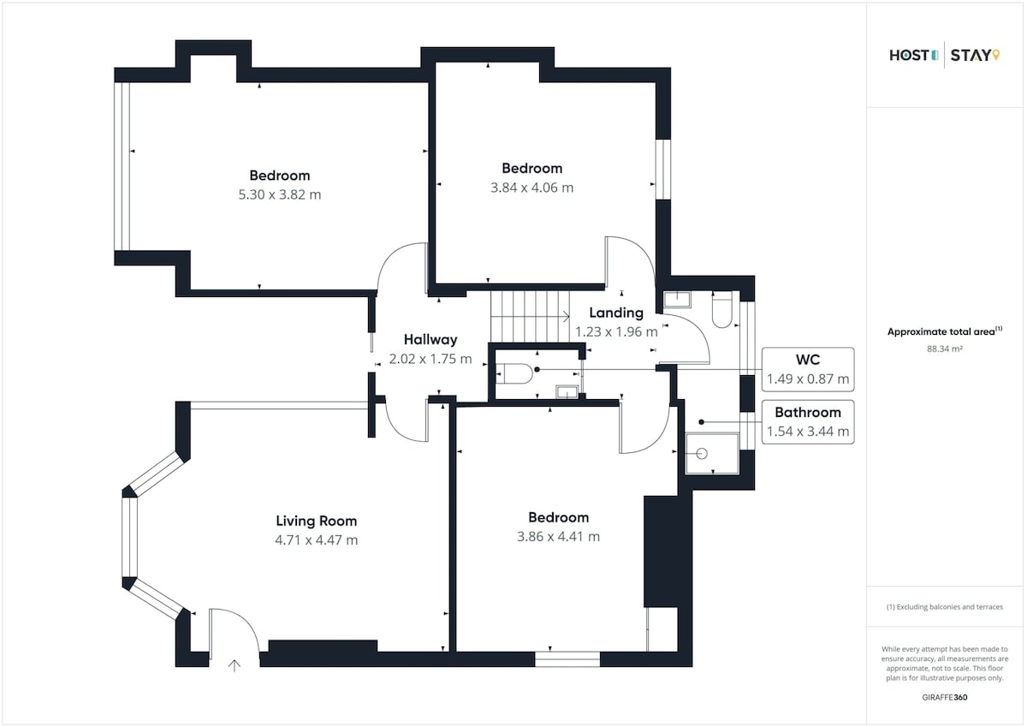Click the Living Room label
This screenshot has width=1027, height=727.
point(317,521)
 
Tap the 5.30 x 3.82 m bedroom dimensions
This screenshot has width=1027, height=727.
point(280,194)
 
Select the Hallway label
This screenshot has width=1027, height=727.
point(430,339)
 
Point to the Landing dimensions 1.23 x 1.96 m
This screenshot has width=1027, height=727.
point(616,331)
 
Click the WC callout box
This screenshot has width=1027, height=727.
point(808,369)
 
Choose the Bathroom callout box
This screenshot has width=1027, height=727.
point(808,422)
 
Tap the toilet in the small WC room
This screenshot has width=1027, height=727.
point(514,373)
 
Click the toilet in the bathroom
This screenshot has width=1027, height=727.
point(722,310)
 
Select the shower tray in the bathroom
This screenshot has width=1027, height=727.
point(712,453)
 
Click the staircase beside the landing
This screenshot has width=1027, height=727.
point(530,316)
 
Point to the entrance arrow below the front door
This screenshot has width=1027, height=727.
point(234,666)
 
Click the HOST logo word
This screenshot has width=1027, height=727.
point(909,56)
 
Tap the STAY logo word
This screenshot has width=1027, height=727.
point(971,56)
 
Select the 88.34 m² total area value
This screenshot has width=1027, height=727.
point(945,349)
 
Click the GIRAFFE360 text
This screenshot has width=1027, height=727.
point(945,698)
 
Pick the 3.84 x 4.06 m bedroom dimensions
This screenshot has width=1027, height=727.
point(531,188)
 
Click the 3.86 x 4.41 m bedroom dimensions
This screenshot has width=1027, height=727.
point(558,536)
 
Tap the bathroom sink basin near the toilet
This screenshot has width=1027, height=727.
point(677,300)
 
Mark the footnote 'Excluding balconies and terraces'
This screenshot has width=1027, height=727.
point(945,607)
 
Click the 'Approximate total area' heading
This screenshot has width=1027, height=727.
point(945,331)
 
